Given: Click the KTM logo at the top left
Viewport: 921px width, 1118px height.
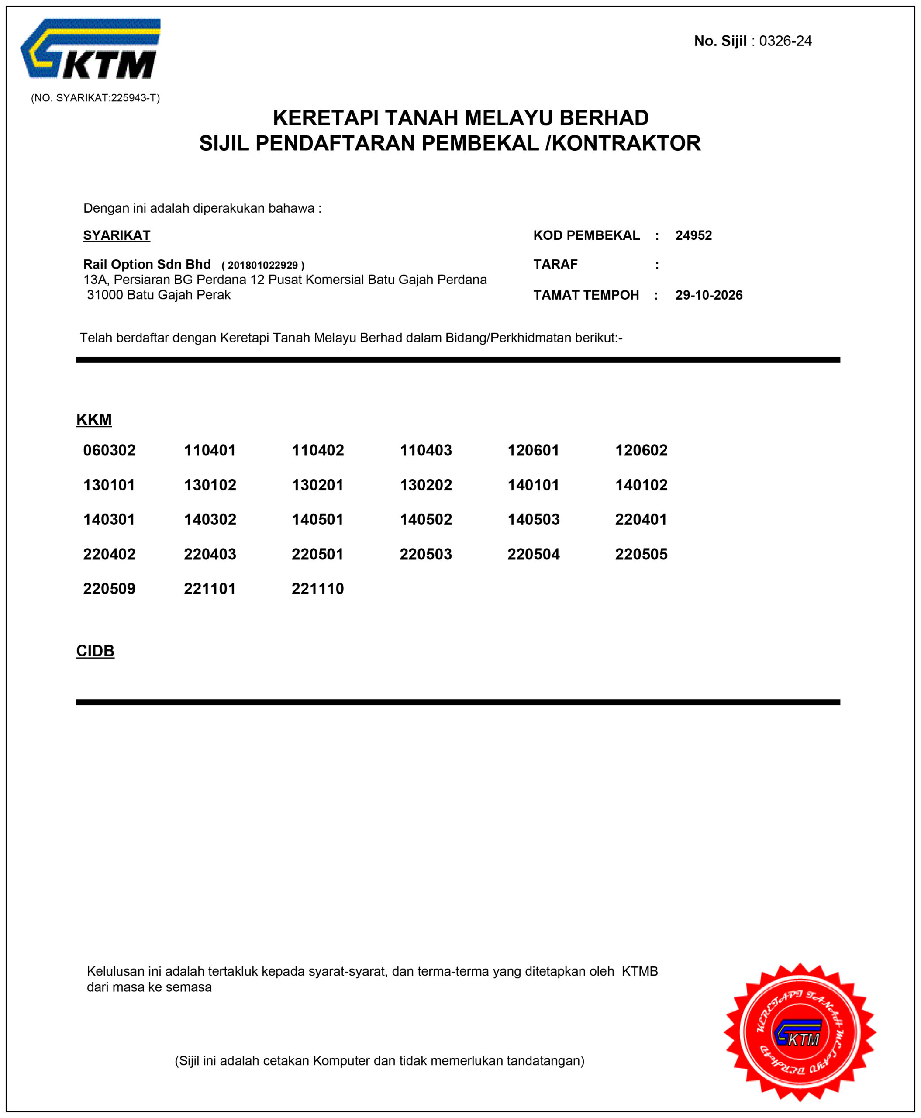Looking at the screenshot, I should (x=91, y=49).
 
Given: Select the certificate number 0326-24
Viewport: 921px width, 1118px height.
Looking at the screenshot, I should (x=785, y=41).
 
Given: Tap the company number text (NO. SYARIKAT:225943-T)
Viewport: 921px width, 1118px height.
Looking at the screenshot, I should (x=96, y=98).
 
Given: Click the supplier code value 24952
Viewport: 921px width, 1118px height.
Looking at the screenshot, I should (x=693, y=235).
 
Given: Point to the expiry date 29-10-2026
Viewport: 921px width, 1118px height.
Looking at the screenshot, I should (x=709, y=295).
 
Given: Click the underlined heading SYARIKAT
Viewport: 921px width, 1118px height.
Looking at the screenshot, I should (x=117, y=235).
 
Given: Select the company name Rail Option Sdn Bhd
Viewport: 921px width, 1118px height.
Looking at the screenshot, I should (x=147, y=264).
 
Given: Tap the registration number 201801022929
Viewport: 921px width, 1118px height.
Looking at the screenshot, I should (x=262, y=265).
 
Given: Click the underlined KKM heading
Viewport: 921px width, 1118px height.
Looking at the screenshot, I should (x=94, y=419).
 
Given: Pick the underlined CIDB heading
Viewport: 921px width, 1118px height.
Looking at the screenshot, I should (x=95, y=651).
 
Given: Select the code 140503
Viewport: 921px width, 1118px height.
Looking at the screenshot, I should (x=533, y=519).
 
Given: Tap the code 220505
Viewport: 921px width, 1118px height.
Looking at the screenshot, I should (x=641, y=554).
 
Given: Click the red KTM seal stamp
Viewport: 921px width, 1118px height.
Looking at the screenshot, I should (x=800, y=1032).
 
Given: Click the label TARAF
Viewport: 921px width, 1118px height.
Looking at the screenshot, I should (x=555, y=264).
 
